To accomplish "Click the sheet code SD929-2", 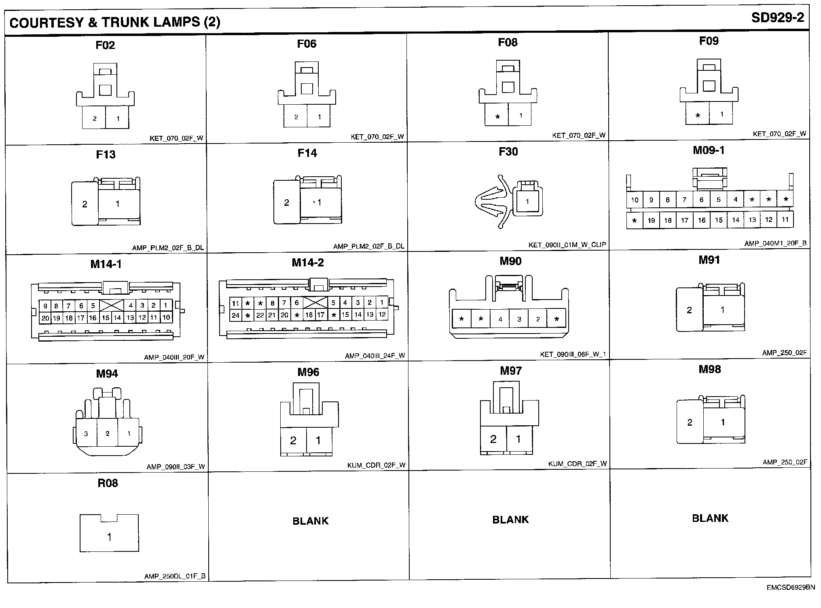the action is pos(777,18).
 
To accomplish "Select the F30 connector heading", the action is pos(508,152).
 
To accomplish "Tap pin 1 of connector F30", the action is pos(527,201).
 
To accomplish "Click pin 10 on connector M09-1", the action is pos(635,200).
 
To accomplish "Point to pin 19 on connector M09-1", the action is pos(651,220).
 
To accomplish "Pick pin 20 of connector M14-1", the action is pos(45,318).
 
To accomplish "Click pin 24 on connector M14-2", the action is pos(235,315).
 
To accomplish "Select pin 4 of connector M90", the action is pos(500,319).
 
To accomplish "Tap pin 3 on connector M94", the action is pos(86,434).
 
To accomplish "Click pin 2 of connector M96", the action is pos(293,440).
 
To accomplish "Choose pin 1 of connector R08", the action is pos(109,537).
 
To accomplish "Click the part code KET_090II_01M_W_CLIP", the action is pos(567,245).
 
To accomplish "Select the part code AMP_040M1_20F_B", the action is pos(775,243).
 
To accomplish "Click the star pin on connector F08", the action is pos(497,117).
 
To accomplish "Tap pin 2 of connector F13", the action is pos(85,204).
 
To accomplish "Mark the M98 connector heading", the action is pos(709,369).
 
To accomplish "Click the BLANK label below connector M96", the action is pos(310,521).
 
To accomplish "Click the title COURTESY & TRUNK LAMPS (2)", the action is pos(115,22).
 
